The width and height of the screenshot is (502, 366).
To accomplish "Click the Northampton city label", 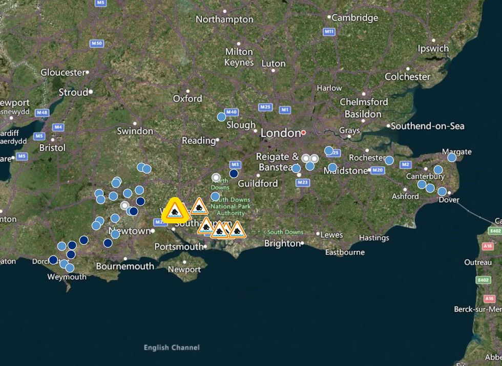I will click(224, 19).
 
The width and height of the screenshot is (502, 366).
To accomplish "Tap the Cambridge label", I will click(355, 17).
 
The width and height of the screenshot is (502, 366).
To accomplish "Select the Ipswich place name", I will click(433, 49).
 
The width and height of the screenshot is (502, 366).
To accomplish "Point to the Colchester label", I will click(408, 77).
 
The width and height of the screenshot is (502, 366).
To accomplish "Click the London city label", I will click(280, 133).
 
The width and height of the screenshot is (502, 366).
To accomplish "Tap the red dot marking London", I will click(303, 132).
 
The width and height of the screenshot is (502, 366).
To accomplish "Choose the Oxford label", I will click(187, 98).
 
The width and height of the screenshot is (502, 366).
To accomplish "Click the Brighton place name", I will click(282, 244).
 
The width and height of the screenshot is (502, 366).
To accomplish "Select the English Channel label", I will click(172, 348).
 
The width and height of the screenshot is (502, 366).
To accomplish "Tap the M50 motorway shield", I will click(97, 44).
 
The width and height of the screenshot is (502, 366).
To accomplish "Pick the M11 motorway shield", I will click(329, 32).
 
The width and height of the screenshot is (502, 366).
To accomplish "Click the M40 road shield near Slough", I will click(232, 112).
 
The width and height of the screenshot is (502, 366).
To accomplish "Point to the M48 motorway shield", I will click(42, 112).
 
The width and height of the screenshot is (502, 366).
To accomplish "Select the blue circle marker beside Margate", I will click(451, 158).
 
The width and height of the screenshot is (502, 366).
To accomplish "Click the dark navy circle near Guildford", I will click(234, 174).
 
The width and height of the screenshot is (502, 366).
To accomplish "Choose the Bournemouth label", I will click(125, 266).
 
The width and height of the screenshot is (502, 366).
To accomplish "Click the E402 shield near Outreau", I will click(483, 280).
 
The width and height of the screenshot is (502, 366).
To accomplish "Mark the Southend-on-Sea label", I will click(428, 125).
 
